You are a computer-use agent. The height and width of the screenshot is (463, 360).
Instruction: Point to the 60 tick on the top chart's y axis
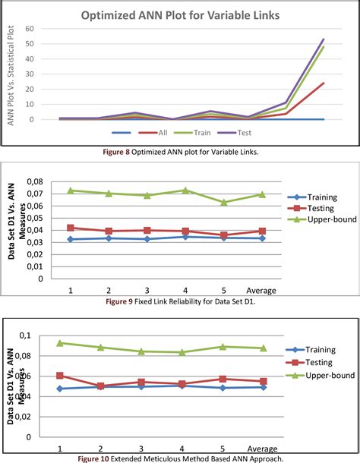(30, 29)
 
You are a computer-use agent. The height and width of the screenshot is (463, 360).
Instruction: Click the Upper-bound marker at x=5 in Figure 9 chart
(223, 203)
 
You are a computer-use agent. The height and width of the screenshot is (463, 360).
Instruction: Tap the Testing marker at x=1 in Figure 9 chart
(71, 228)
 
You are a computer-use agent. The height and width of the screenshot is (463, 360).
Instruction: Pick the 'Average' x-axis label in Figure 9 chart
(262, 290)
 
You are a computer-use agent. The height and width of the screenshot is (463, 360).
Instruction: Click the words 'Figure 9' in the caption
(122, 301)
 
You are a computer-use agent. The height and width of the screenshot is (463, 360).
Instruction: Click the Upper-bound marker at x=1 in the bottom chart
(60, 343)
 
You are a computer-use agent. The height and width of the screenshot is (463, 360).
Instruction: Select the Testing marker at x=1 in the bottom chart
(60, 376)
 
